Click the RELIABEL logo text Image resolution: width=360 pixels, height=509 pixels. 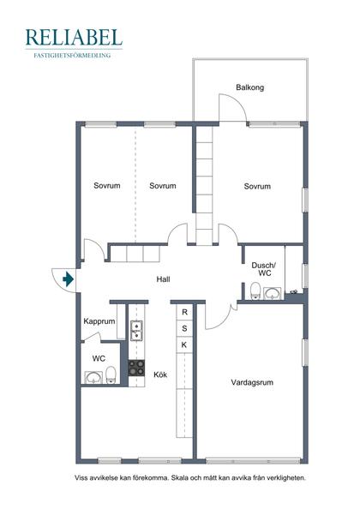click(x=74, y=37)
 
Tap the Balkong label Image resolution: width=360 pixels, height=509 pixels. click(x=250, y=87)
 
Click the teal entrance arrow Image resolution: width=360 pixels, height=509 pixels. click(x=68, y=278)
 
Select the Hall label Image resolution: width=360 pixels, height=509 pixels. click(x=163, y=279)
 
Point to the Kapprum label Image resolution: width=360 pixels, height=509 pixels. click(x=99, y=321)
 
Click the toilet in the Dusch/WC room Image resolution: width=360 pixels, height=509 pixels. click(x=255, y=290)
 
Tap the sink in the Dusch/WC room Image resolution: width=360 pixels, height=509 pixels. click(x=273, y=293)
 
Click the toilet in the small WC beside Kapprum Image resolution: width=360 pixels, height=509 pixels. click(x=111, y=375)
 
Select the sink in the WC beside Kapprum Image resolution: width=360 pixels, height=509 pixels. click(x=93, y=378)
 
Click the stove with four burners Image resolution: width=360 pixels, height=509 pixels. click(x=136, y=368)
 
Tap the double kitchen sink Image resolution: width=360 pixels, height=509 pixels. click(x=136, y=331)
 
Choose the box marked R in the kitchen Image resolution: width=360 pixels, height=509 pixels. click(x=184, y=312)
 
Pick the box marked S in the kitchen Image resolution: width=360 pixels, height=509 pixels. click(x=184, y=328)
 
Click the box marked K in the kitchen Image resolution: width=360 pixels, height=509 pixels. click(x=184, y=344)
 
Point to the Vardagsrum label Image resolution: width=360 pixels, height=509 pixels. click(x=252, y=382)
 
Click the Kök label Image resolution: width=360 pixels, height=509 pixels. click(x=160, y=374)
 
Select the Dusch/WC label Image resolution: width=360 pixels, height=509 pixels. click(x=264, y=269)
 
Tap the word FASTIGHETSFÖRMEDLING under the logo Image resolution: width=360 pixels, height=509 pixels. click(x=72, y=56)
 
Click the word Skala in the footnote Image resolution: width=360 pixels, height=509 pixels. click(x=179, y=478)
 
